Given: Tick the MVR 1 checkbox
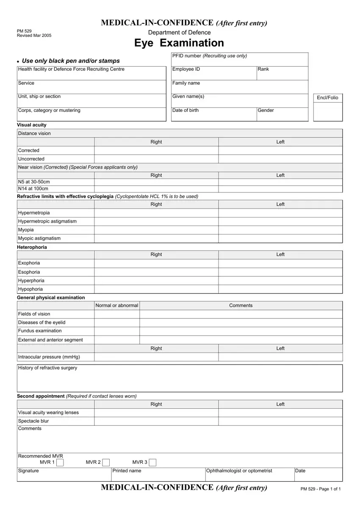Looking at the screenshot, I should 60,462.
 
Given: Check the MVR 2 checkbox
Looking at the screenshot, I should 106,462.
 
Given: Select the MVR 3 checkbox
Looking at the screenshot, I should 152,462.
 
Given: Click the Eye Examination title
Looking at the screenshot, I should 179,43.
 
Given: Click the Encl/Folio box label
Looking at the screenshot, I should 327,98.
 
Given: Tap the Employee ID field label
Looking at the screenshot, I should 186,69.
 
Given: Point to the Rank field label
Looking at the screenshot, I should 263,69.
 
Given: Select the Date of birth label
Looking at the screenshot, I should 185,110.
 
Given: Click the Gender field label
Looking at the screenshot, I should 266,110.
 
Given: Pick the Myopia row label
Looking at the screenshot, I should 26,230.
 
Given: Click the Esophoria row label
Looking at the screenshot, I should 29,272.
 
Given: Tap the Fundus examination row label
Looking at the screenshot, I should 40,331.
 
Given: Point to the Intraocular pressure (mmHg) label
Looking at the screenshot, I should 49,357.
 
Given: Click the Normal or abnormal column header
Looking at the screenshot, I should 117,306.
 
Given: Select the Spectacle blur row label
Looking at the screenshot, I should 33,421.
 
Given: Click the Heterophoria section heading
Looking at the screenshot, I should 32,247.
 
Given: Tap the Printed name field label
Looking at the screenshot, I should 127,471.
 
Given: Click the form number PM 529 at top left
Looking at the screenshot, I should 24,31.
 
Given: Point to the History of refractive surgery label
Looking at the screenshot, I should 47,368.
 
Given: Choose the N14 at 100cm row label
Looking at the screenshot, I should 33,189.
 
